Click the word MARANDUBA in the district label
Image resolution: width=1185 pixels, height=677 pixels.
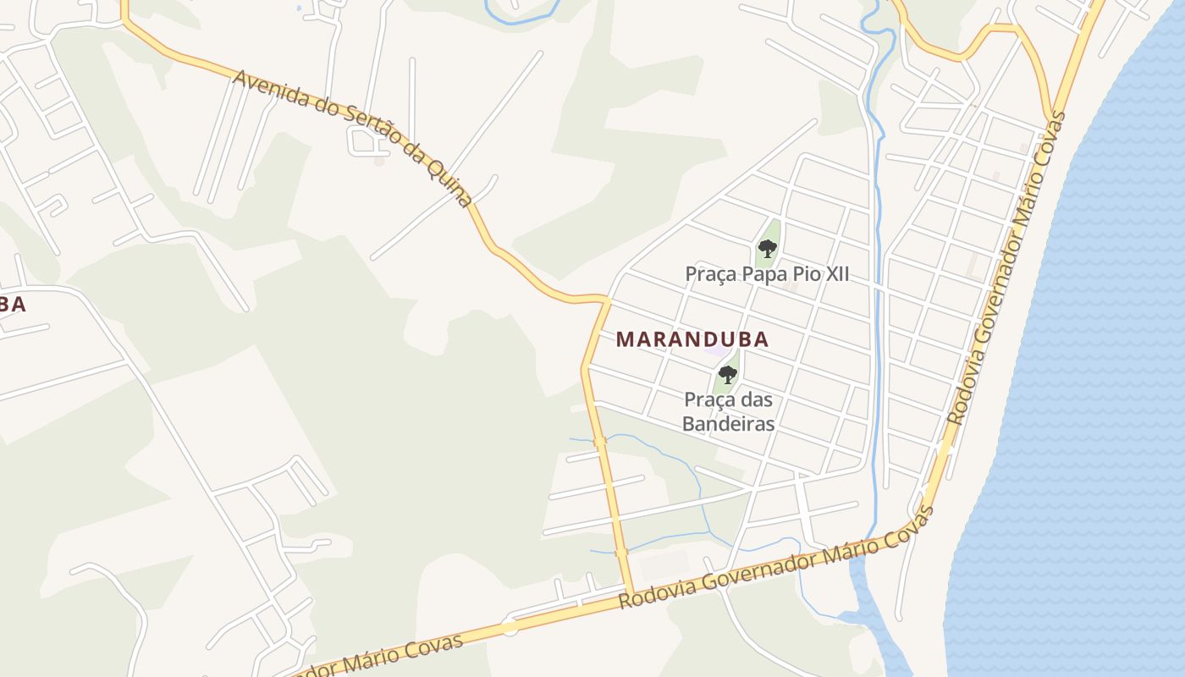point(692,339)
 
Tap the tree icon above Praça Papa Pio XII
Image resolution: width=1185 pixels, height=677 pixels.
point(767,248)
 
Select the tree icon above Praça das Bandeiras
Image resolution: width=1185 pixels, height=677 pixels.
point(727,373)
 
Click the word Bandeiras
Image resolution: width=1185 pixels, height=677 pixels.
point(729,423)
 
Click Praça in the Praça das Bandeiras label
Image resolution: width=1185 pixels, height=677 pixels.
point(708,399)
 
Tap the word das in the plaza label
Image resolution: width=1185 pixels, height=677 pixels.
point(755,399)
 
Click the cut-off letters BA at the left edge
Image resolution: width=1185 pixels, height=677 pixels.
point(12,305)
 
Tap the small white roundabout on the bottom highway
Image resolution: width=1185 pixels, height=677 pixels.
point(510,627)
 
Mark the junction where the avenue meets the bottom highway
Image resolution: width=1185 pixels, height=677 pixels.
point(630,594)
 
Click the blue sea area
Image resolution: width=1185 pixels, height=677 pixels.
point(1092,381)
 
